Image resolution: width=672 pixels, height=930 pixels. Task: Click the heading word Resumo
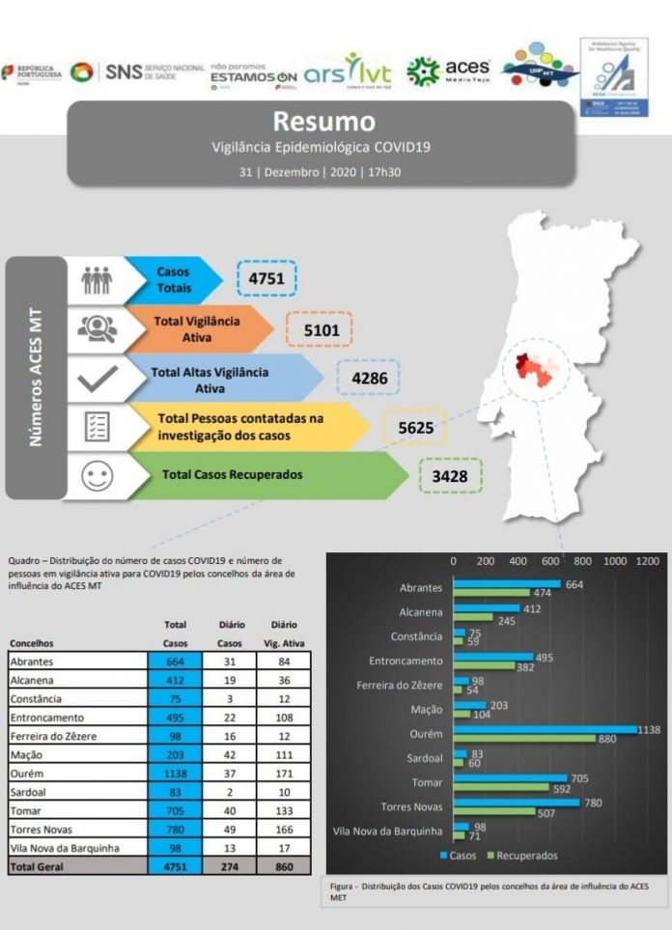point(322,122)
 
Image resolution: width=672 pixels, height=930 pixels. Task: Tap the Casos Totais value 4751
point(266,278)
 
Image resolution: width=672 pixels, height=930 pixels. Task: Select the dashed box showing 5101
point(320,329)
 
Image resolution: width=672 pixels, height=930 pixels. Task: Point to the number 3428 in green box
point(450,476)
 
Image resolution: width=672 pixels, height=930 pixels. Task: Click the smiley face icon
point(97,476)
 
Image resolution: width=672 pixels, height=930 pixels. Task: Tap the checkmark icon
point(97,378)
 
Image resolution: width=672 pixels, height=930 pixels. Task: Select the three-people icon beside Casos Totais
point(97,280)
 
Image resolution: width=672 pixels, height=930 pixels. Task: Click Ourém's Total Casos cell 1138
point(175,774)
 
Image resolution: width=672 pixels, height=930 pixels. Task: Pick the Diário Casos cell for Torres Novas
point(230,830)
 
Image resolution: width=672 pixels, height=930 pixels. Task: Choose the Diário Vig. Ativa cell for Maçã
point(284,755)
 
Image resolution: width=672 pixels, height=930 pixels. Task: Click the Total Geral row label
point(39,866)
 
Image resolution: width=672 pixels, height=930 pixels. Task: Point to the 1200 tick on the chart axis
point(646,561)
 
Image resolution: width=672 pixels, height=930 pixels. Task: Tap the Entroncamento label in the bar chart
point(406,662)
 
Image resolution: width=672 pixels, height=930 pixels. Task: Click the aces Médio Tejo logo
point(449,70)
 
